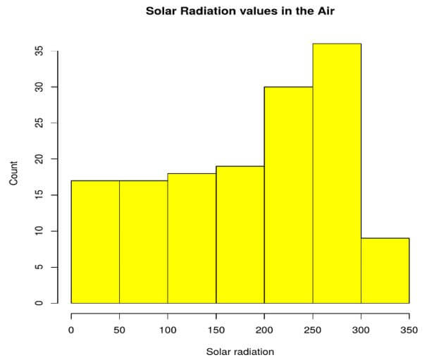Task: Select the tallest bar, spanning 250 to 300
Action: click(x=337, y=173)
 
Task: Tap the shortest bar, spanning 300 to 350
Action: click(x=385, y=271)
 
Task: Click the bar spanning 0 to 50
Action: click(x=95, y=242)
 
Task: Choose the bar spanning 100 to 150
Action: click(x=192, y=238)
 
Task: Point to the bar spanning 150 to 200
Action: click(x=240, y=235)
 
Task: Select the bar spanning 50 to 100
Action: click(x=144, y=242)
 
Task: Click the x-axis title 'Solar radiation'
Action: click(x=240, y=351)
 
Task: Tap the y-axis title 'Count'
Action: click(x=13, y=173)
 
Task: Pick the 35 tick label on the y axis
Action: click(x=39, y=51)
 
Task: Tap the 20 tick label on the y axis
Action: click(x=39, y=159)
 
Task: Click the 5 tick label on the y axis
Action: click(x=39, y=267)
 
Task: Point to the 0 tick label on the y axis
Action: click(x=39, y=303)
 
